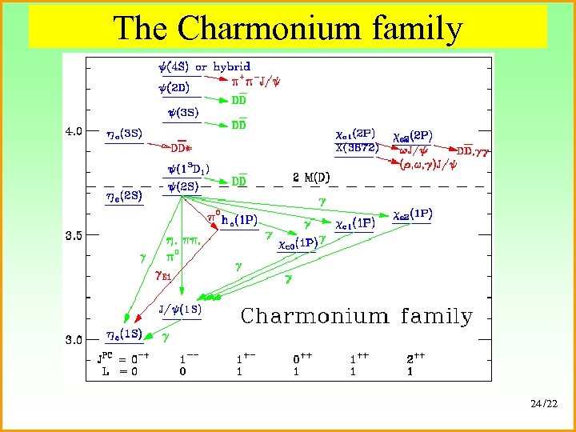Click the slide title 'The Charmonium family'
point(288,28)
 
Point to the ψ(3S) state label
point(184,114)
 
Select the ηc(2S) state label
point(124,195)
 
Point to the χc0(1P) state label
point(297,243)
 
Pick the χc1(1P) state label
point(355,223)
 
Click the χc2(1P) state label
point(413,214)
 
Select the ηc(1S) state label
point(125,335)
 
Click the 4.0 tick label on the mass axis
point(73,130)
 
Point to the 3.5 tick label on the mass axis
point(73,235)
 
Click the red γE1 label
point(164,276)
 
